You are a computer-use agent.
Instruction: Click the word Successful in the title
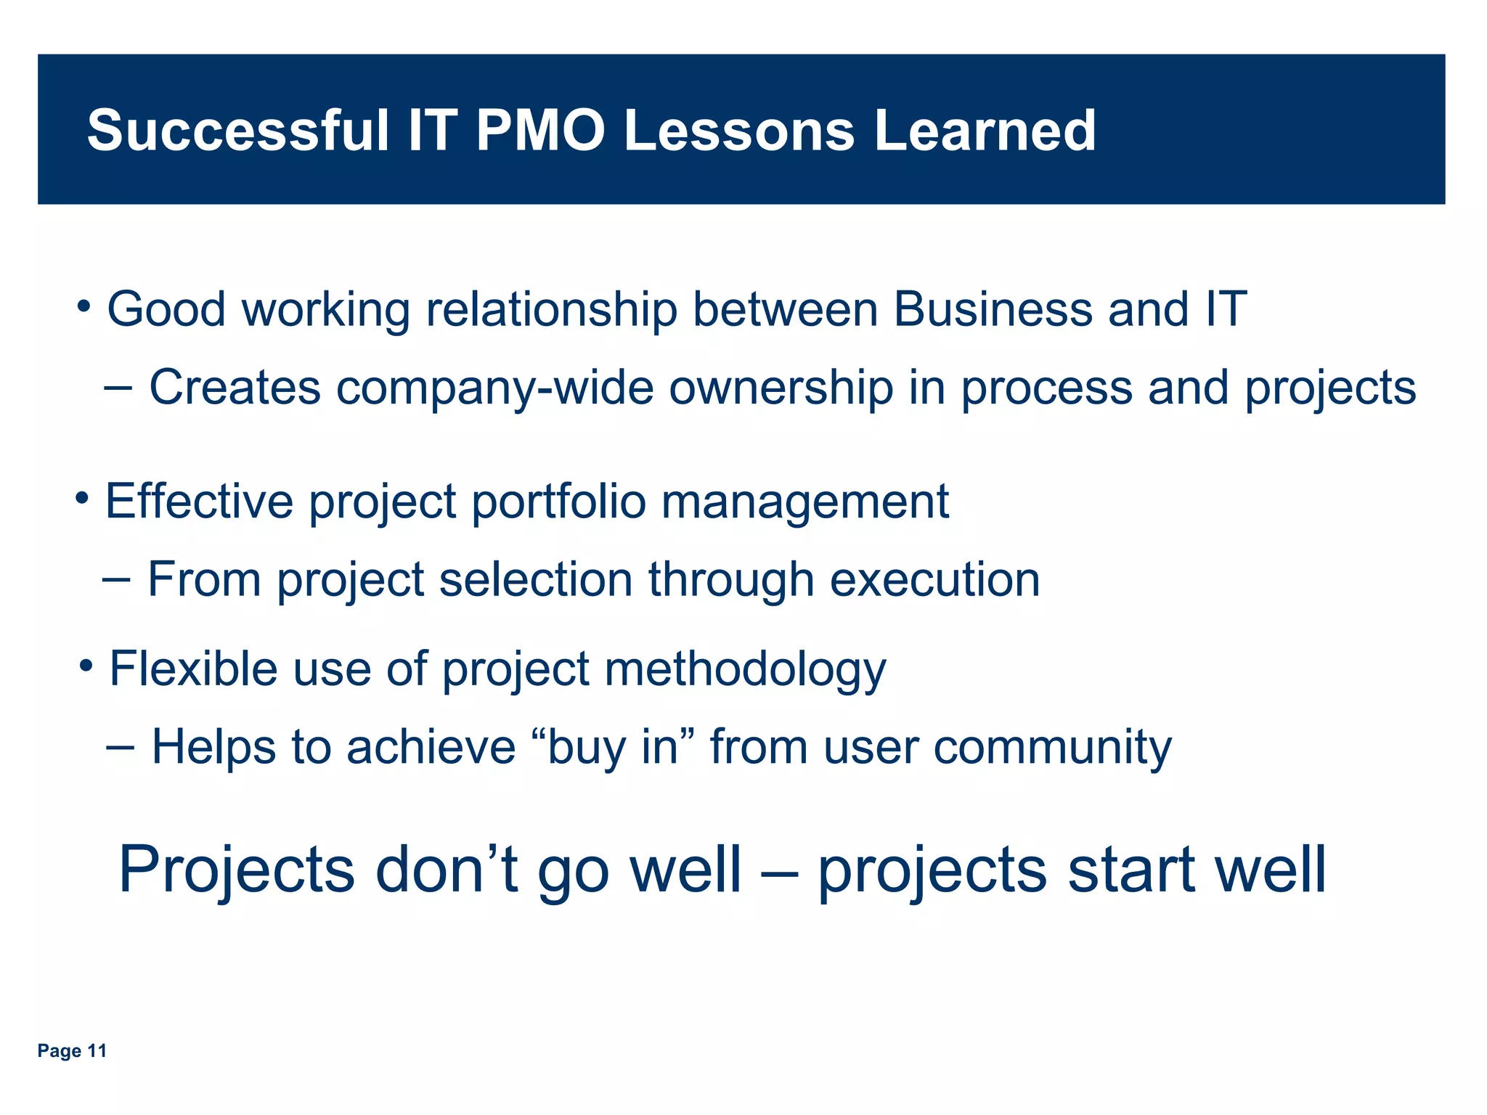pyautogui.click(x=238, y=131)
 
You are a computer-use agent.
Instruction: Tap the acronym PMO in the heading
pyautogui.click(x=540, y=131)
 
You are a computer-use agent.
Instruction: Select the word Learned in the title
pyautogui.click(x=985, y=131)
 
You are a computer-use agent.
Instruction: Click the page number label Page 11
pyautogui.click(x=72, y=1050)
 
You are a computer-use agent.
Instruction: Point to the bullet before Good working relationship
pyautogui.click(x=85, y=306)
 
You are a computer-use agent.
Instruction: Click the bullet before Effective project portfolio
pyautogui.click(x=83, y=499)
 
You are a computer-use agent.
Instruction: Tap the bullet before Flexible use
pyautogui.click(x=87, y=666)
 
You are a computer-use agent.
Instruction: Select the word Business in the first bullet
pyautogui.click(x=993, y=309)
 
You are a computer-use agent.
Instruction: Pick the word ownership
pyautogui.click(x=781, y=388)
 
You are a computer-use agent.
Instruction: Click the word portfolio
pyautogui.click(x=558, y=502)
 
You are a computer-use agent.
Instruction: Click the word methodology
pyautogui.click(x=745, y=669)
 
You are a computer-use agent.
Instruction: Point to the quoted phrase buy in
pyautogui.click(x=614, y=747)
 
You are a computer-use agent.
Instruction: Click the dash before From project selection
pyautogui.click(x=117, y=579)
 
